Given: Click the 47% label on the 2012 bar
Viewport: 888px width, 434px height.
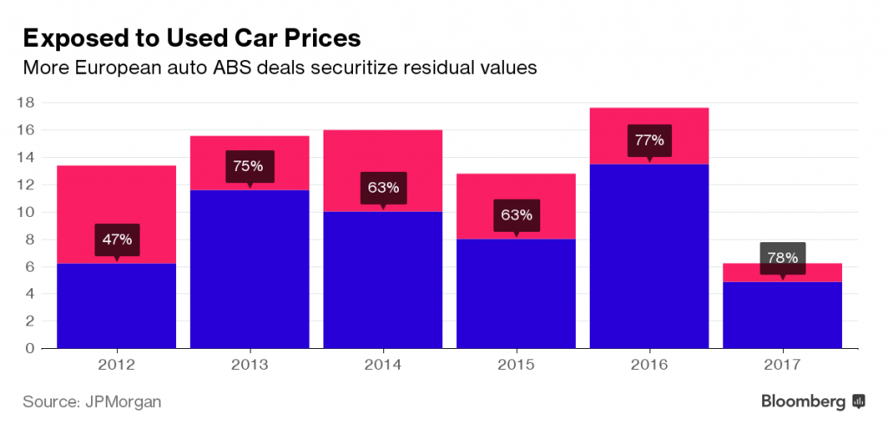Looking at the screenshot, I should pos(116,239).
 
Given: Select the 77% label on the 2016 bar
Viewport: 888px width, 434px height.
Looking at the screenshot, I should pos(649,141).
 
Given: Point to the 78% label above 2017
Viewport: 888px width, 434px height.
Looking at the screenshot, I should pos(782,257).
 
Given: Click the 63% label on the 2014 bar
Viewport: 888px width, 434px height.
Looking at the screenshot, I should pos(382,187).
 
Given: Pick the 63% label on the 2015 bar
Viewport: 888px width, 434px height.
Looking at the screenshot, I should pos(516,214).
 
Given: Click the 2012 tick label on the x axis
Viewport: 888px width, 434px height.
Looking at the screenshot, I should pos(116,365).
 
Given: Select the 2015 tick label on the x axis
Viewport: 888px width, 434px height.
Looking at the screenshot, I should pos(516,365).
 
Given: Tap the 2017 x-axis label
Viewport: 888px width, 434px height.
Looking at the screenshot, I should pos(782,365).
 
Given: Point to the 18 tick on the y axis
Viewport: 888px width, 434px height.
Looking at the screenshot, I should pos(25,102).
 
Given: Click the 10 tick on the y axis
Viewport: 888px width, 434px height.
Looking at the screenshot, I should pos(25,212).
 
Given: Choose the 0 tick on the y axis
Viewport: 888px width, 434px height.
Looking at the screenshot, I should pos(29,348).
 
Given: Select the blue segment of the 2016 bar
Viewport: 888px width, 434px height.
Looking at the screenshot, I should pos(649,260).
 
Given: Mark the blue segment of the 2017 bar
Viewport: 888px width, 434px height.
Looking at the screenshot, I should pos(782,317).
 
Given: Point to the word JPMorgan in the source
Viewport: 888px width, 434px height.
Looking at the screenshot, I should pos(123,402).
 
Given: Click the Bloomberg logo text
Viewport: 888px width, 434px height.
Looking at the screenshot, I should pos(804,402).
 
